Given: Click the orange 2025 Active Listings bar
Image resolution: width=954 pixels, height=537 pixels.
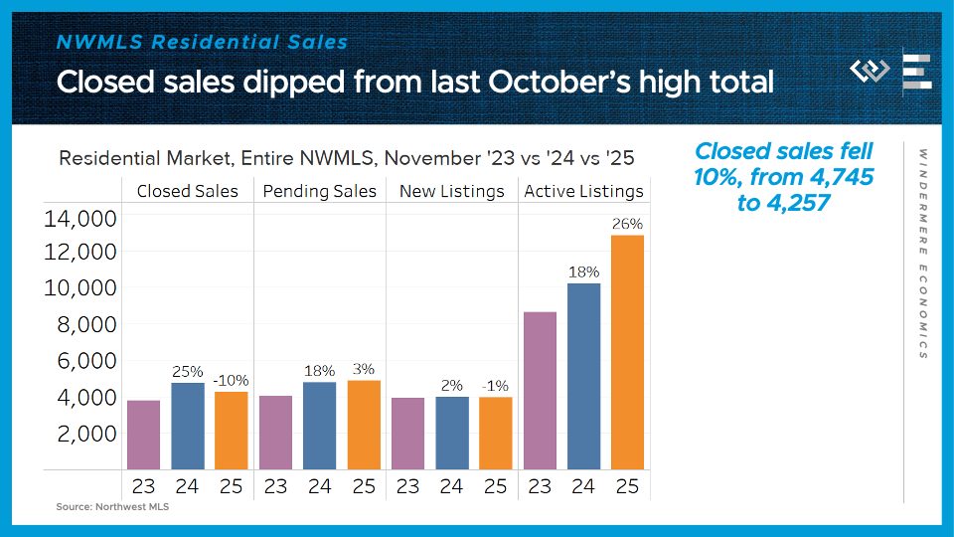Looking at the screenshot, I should coord(627,352).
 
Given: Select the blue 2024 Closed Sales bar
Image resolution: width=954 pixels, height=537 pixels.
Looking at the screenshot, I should coord(188,426).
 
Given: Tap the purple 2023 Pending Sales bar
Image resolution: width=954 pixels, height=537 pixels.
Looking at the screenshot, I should coord(275,433).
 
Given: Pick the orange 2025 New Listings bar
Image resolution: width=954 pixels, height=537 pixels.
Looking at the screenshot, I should coord(495,433).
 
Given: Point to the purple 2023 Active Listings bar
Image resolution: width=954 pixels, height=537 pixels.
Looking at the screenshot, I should coord(540,390).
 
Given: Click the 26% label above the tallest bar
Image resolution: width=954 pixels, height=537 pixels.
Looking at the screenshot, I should coord(627,224).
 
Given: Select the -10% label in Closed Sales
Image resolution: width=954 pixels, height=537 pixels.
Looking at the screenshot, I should coord(231,380).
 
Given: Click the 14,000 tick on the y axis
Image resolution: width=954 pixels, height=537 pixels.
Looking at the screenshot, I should coord(80,218).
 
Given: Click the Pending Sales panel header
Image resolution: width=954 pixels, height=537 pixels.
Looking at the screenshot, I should coord(320,191).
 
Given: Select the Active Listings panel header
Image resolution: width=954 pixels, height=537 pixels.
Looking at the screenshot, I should coord(583,191).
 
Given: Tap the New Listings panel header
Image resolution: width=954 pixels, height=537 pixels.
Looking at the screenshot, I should coord(451,191).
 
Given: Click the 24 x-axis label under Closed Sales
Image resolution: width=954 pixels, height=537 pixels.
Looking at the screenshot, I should coord(188,486).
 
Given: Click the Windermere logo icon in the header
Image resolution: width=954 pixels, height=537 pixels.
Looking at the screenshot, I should coord(871,72).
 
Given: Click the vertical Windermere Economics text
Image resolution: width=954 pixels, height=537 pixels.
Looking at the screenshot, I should coord(923,254).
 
